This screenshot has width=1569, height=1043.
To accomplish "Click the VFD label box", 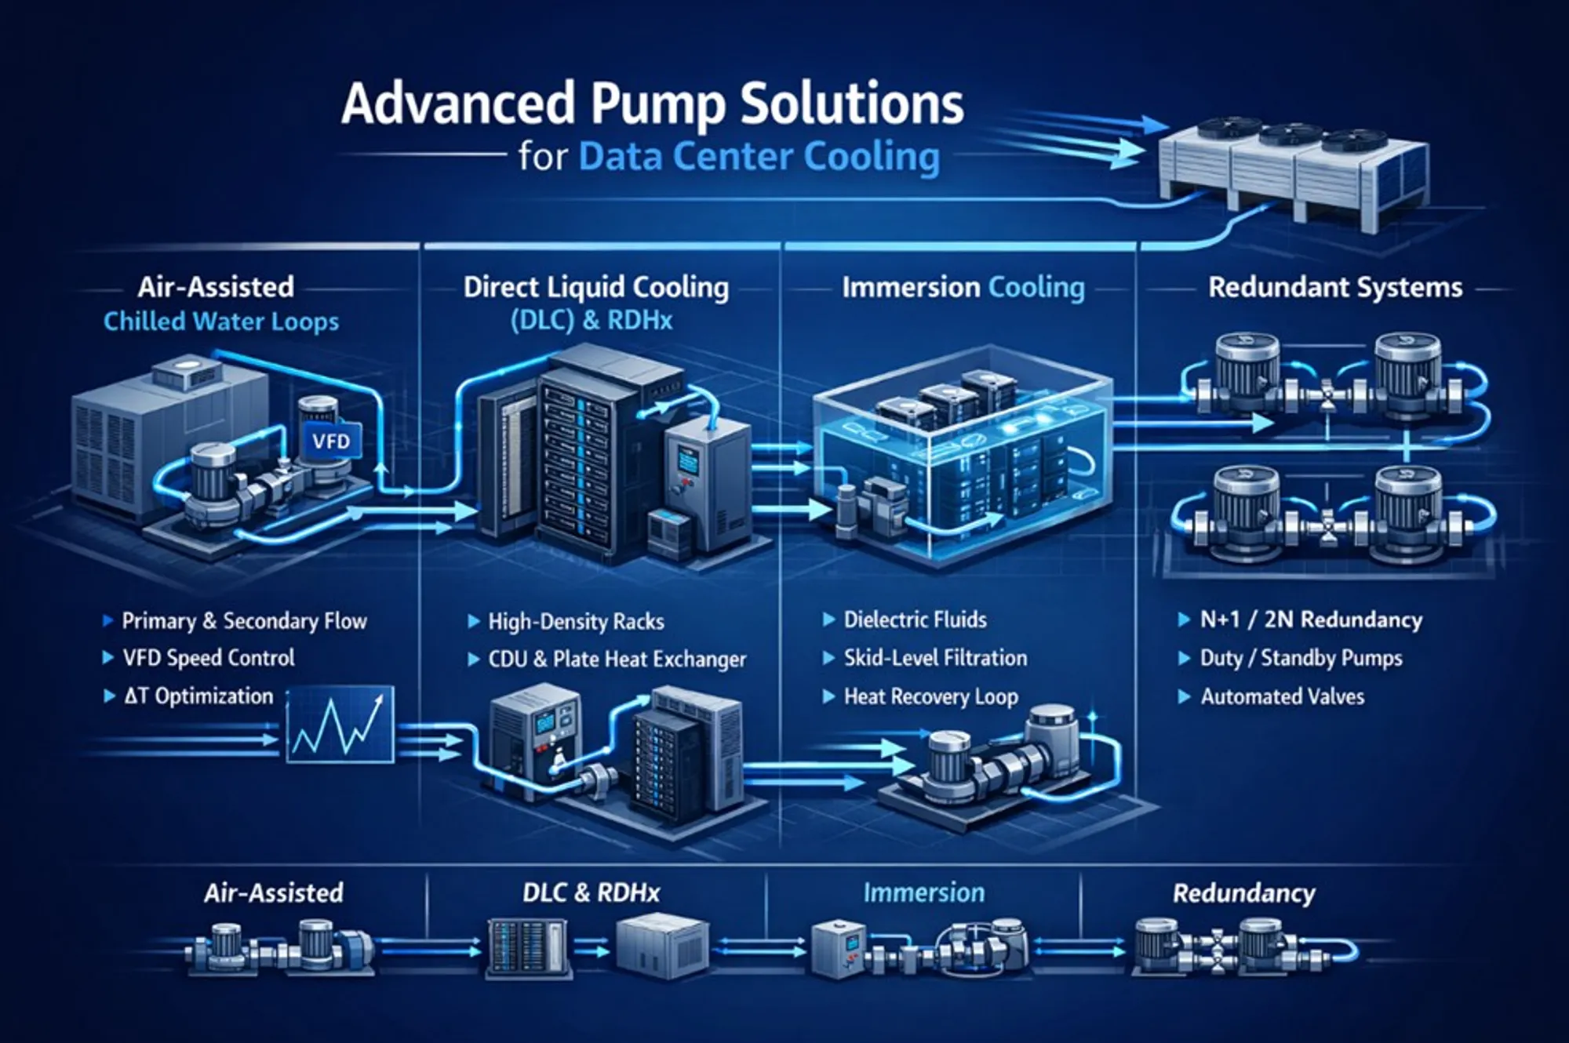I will [x=331, y=442].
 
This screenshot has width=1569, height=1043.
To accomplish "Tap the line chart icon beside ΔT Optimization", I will [x=340, y=725].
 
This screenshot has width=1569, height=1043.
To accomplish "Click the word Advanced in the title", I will [x=459, y=104].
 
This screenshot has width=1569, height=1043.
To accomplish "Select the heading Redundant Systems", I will [x=1335, y=287].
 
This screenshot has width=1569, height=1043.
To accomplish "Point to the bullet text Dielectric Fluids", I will [x=915, y=620].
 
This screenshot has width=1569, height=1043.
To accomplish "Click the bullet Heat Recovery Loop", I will [x=930, y=696].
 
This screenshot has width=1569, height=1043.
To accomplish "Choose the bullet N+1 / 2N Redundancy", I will [x=1311, y=620].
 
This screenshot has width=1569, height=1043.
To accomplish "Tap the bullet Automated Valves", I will [x=1282, y=696].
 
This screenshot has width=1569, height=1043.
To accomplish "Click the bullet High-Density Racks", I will [x=576, y=622].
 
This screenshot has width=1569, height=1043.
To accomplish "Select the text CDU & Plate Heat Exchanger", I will [x=617, y=660].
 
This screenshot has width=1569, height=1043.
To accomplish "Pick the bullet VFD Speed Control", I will [x=209, y=658].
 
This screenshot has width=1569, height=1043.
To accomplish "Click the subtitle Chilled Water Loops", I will [x=221, y=322].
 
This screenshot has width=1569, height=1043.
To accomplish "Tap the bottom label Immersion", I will [x=923, y=892].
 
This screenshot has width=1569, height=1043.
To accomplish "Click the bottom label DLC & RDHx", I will [x=591, y=892].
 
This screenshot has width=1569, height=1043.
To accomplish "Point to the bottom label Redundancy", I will [x=1243, y=893].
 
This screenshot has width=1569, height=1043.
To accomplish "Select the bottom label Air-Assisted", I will [x=274, y=892].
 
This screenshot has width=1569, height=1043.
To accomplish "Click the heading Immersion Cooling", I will [x=963, y=288].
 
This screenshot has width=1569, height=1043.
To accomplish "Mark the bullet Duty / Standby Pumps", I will [x=1301, y=658].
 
